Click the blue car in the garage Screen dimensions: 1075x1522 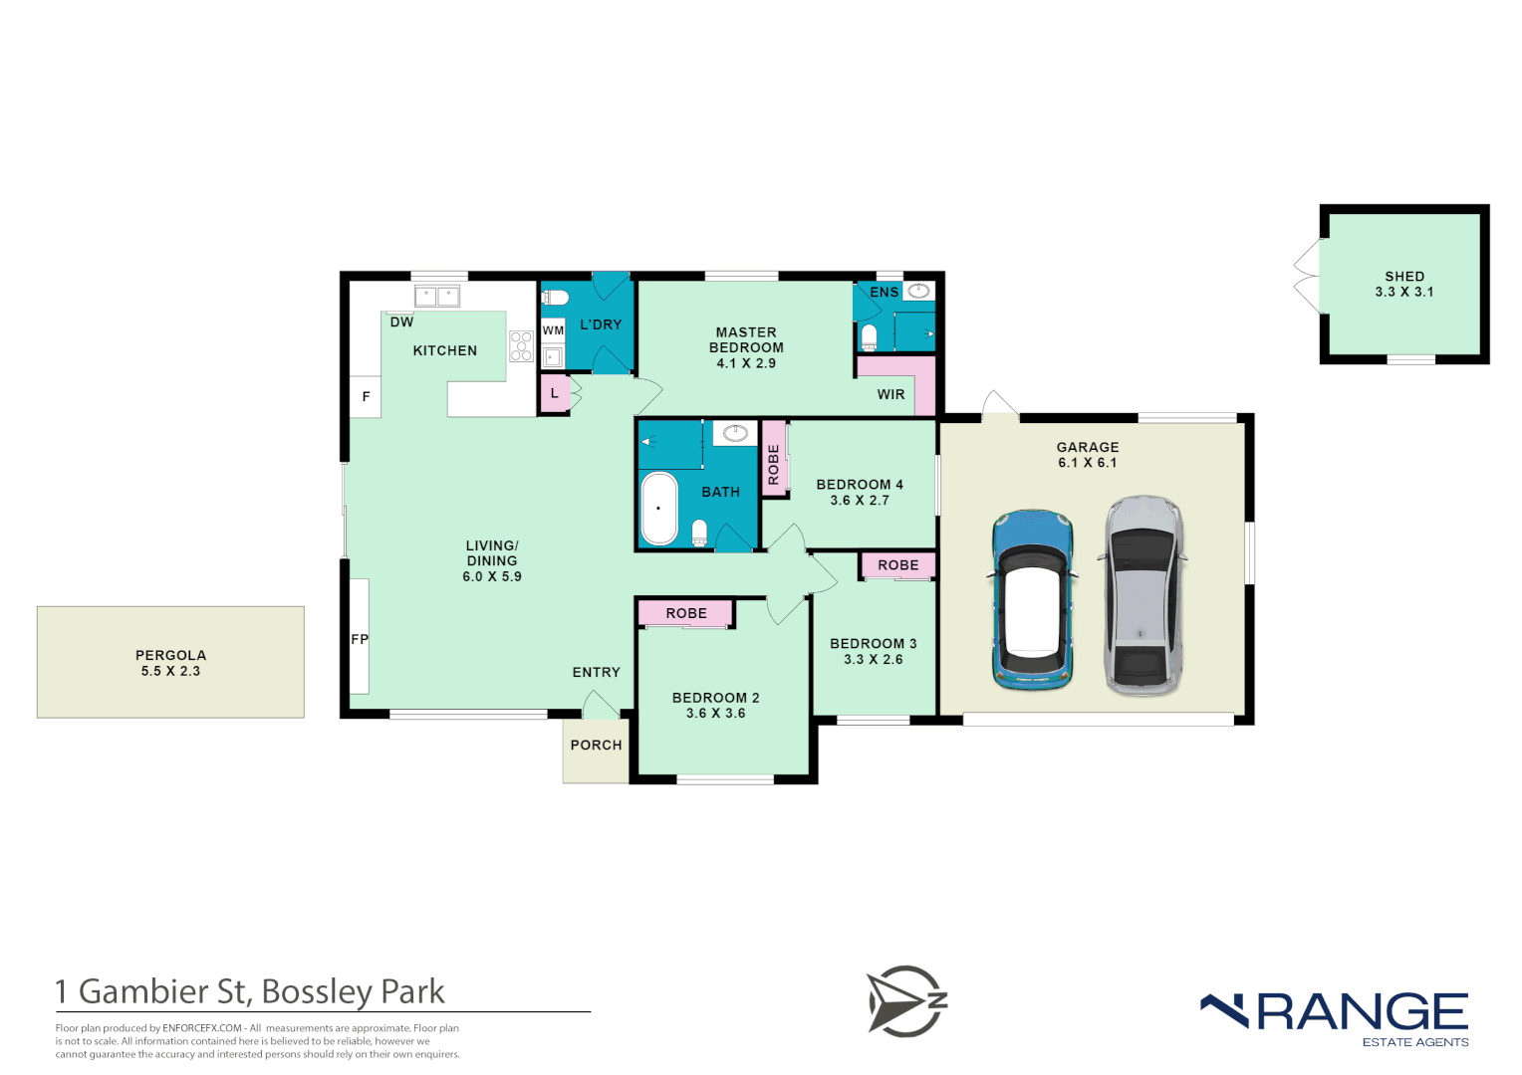pyautogui.click(x=1033, y=600)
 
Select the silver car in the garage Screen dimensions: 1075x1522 pyautogui.click(x=1142, y=595)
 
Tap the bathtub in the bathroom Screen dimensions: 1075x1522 pyautogui.click(x=658, y=509)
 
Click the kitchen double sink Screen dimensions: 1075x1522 pyautogui.click(x=437, y=296)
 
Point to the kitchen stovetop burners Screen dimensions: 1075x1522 pyautogui.click(x=521, y=345)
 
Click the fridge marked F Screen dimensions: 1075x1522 pyautogui.click(x=366, y=397)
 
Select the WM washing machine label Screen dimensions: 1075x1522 pyautogui.click(x=553, y=330)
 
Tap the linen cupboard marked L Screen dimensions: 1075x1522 pyautogui.click(x=555, y=393)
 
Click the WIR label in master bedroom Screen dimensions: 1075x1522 pyautogui.click(x=890, y=394)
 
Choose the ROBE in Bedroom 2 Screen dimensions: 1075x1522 pyautogui.click(x=686, y=613)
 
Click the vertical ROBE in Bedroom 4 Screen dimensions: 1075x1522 pyautogui.click(x=774, y=464)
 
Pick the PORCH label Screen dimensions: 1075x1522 pyautogui.click(x=596, y=745)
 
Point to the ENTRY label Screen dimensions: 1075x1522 pyautogui.click(x=596, y=672)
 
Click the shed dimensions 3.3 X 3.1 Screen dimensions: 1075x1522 pyautogui.click(x=1403, y=292)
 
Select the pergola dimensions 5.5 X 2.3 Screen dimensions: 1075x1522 pyautogui.click(x=170, y=671)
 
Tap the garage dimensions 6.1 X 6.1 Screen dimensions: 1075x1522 pyautogui.click(x=1087, y=463)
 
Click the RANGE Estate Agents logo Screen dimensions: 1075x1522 pyautogui.click(x=1335, y=1017)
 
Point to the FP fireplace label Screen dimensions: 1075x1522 pyautogui.click(x=360, y=639)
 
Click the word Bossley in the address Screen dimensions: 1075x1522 pyautogui.click(x=316, y=991)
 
